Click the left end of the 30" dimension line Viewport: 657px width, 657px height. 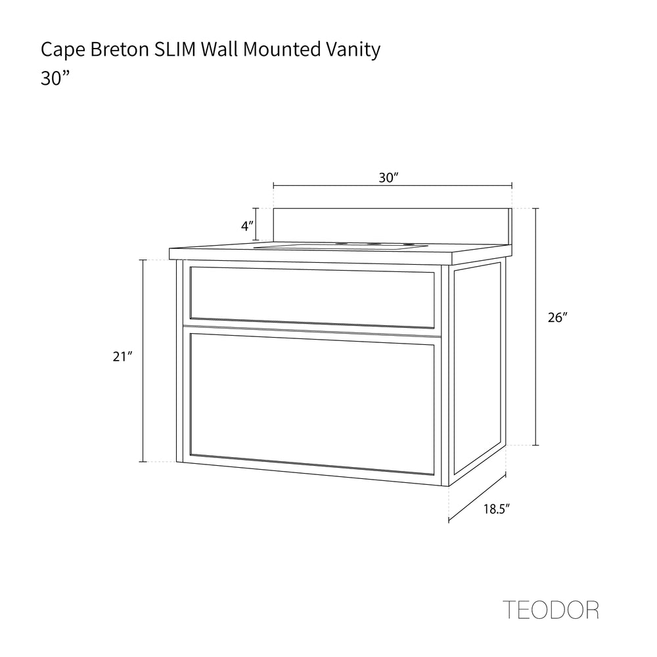click(273, 185)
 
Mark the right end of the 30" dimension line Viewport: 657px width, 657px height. click(512, 185)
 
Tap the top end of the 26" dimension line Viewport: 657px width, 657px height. click(535, 209)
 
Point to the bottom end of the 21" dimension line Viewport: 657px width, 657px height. click(143, 462)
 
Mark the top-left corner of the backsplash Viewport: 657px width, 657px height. click(273, 208)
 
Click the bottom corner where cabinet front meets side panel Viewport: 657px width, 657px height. click(449, 486)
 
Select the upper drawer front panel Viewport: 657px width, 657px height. click(312, 298)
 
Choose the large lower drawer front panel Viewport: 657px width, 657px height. click(312, 403)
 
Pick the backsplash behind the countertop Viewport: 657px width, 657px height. click(393, 226)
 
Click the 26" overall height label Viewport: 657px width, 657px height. click(557, 317)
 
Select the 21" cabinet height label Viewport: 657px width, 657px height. click(122, 357)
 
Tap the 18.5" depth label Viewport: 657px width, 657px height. click(497, 509)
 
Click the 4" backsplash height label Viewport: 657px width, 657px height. click(247, 226)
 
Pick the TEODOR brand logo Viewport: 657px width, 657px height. click(551, 610)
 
